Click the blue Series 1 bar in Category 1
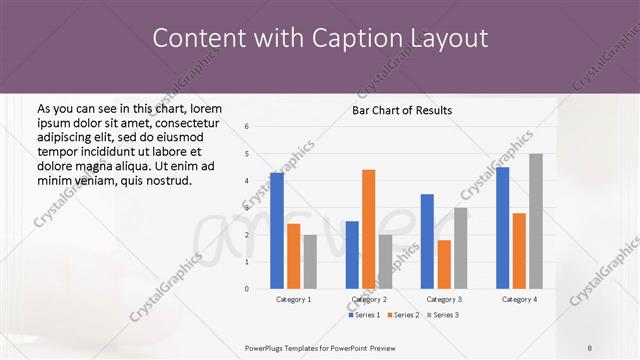277,231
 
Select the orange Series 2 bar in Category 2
368,229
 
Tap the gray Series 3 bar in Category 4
536,221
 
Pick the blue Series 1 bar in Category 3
427,241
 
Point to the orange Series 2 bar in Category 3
444,264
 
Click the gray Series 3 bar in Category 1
310,262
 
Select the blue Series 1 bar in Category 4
502,228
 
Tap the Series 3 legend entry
442,315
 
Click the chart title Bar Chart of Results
402,110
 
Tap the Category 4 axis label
519,299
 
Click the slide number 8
590,347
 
